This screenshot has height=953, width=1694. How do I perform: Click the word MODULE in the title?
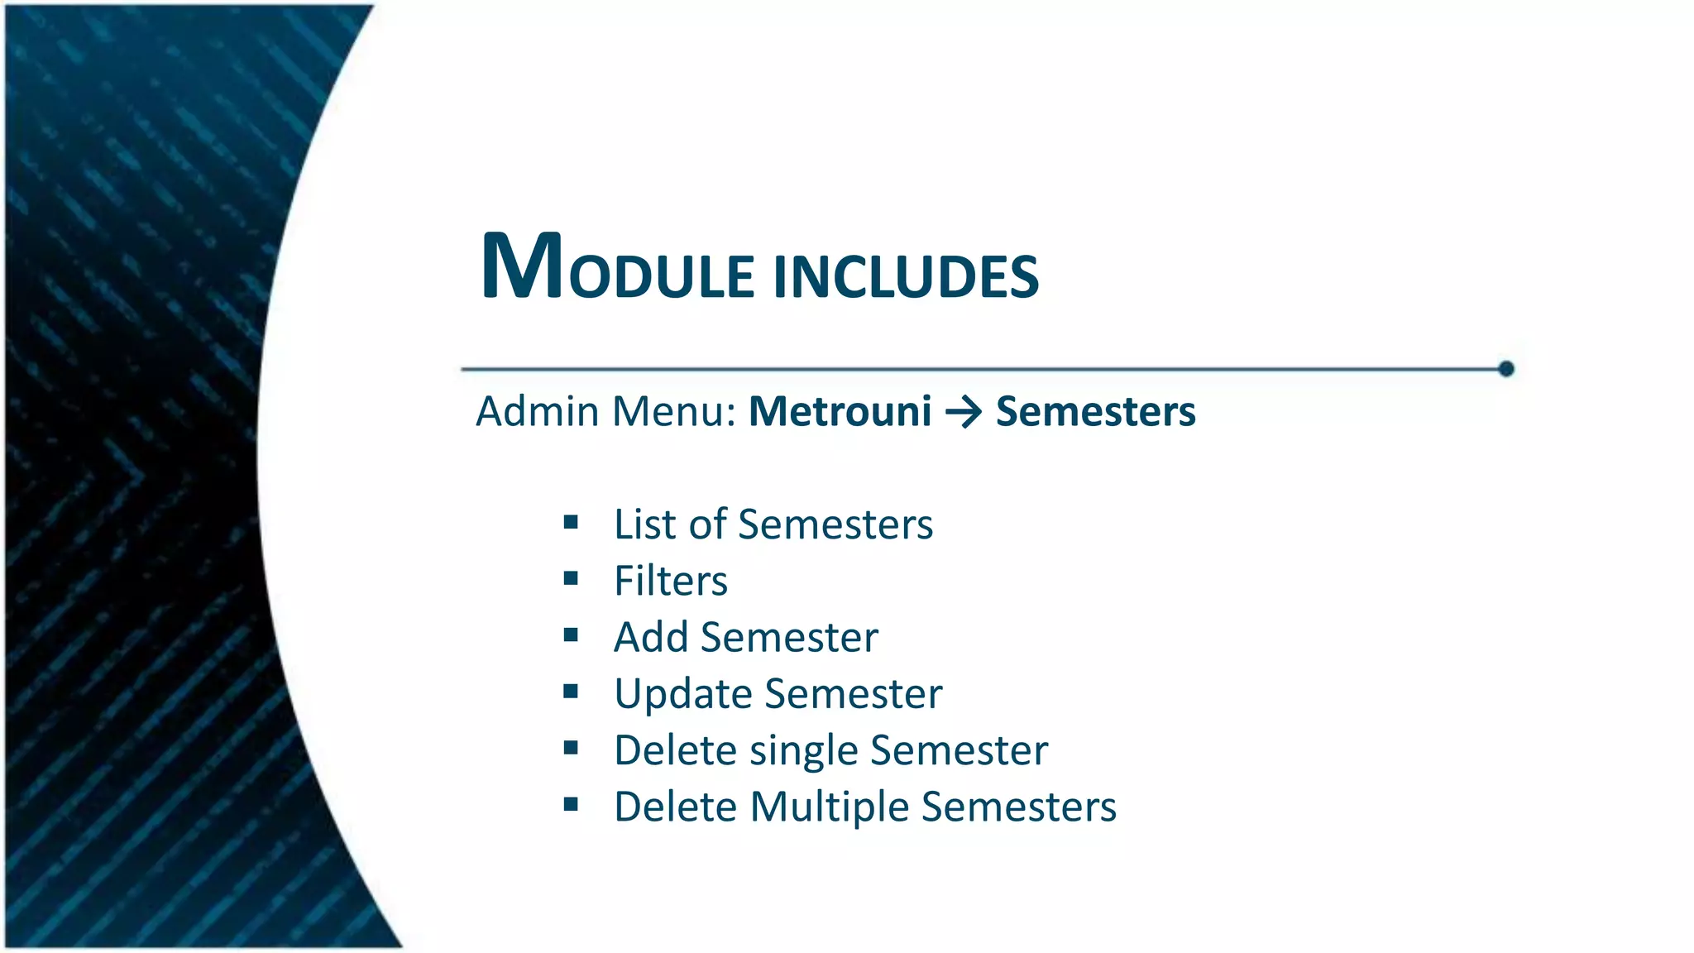pyautogui.click(x=617, y=268)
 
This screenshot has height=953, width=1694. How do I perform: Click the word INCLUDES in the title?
pyautogui.click(x=906, y=276)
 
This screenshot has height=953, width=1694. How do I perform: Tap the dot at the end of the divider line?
pyautogui.click(x=1506, y=369)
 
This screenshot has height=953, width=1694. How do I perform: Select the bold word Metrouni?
pyautogui.click(x=840, y=412)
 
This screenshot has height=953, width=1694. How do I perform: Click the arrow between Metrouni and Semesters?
pyautogui.click(x=964, y=412)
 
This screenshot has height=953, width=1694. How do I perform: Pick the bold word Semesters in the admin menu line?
pyautogui.click(x=1095, y=412)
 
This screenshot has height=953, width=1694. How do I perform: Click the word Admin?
pyautogui.click(x=538, y=412)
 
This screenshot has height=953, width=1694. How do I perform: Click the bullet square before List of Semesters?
pyautogui.click(x=571, y=522)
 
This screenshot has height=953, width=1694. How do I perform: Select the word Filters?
pyautogui.click(x=671, y=581)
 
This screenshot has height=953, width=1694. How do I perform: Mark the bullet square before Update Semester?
pyautogui.click(x=571, y=692)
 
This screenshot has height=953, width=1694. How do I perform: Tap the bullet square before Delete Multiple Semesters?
pyautogui.click(x=571, y=804)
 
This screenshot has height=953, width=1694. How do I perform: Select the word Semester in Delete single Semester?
pyautogui.click(x=959, y=750)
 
